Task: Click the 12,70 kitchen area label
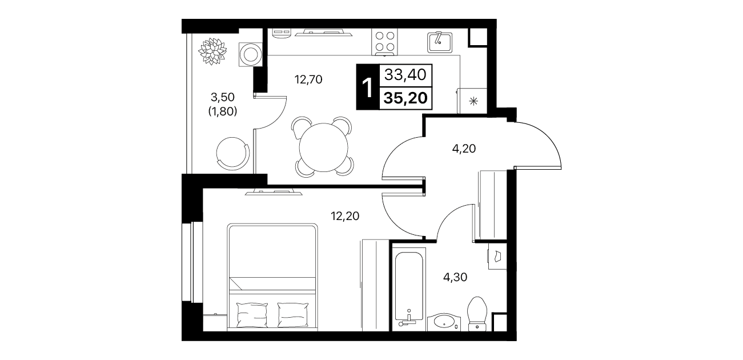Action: [x=308, y=79]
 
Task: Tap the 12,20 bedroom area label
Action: [x=345, y=216]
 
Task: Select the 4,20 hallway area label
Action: [x=464, y=149]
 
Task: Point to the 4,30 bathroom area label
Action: [x=455, y=277]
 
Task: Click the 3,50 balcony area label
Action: [x=223, y=97]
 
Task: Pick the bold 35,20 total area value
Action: [x=405, y=98]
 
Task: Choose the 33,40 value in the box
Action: [x=405, y=75]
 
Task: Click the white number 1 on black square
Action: [x=368, y=88]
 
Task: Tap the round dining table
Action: [x=323, y=147]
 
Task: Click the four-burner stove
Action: [x=385, y=42]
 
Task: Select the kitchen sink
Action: [x=440, y=42]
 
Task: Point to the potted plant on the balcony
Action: [x=212, y=51]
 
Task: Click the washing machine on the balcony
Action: [x=250, y=54]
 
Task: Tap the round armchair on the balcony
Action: [x=232, y=154]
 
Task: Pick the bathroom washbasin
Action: [x=444, y=322]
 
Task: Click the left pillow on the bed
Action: [x=252, y=314]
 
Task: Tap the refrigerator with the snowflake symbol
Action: [x=472, y=101]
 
